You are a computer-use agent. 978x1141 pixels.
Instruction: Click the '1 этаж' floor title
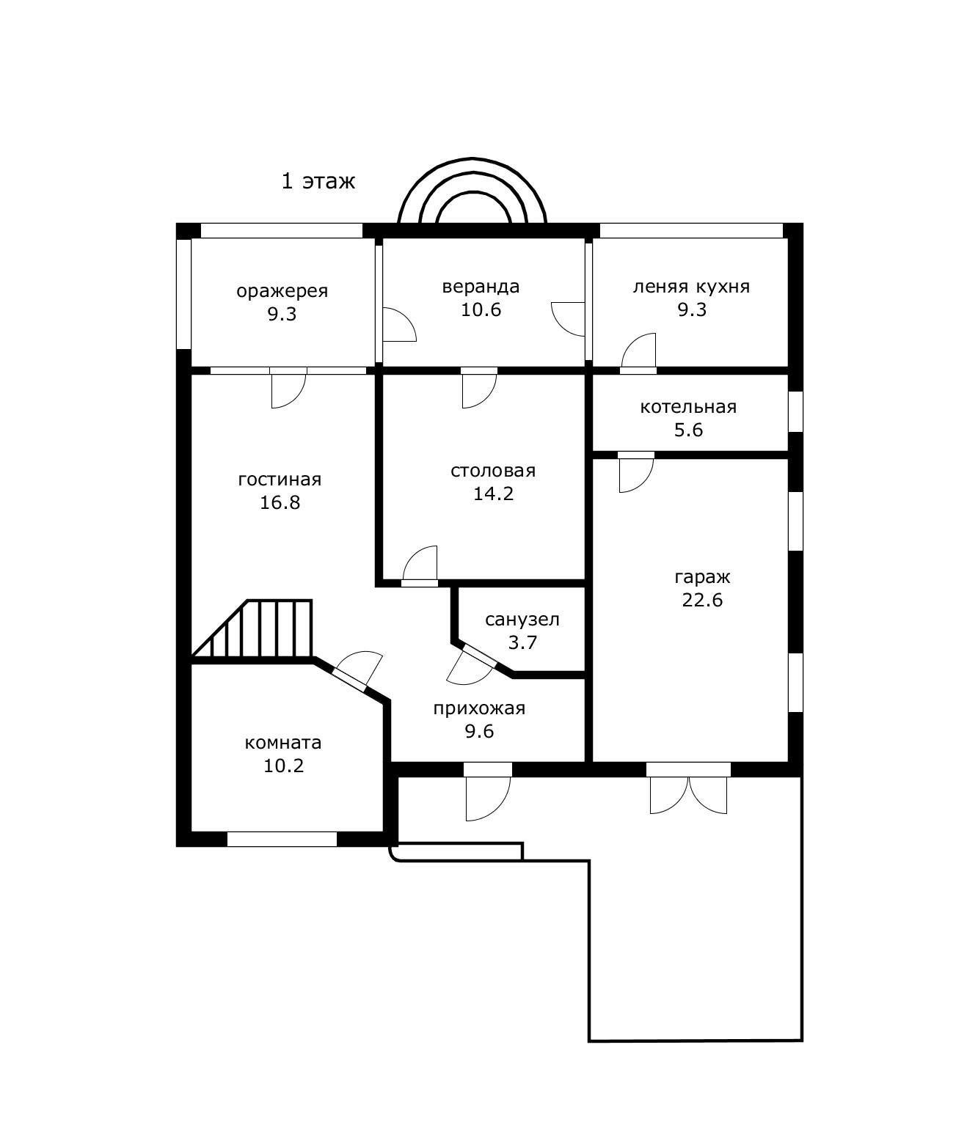(318, 181)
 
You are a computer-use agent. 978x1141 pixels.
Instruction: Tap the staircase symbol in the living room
(252, 628)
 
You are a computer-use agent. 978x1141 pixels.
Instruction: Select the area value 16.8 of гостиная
(280, 502)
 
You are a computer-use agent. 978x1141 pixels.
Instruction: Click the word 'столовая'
(492, 470)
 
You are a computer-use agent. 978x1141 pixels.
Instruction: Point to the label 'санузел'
(522, 620)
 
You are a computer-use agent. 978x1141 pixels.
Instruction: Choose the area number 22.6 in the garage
(702, 600)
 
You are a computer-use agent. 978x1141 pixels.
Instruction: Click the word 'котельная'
(688, 407)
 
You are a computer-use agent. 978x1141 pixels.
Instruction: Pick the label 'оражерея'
(282, 291)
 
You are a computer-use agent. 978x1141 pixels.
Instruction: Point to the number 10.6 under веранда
(481, 309)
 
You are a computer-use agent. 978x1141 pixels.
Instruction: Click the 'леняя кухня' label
(691, 287)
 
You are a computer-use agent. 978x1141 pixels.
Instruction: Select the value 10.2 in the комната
(283, 766)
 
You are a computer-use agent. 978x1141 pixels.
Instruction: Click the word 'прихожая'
(479, 708)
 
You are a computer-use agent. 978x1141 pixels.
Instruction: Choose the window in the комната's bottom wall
(282, 839)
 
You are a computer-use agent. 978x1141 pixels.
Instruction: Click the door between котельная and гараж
(636, 472)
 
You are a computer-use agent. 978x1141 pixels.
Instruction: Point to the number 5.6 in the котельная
(688, 430)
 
